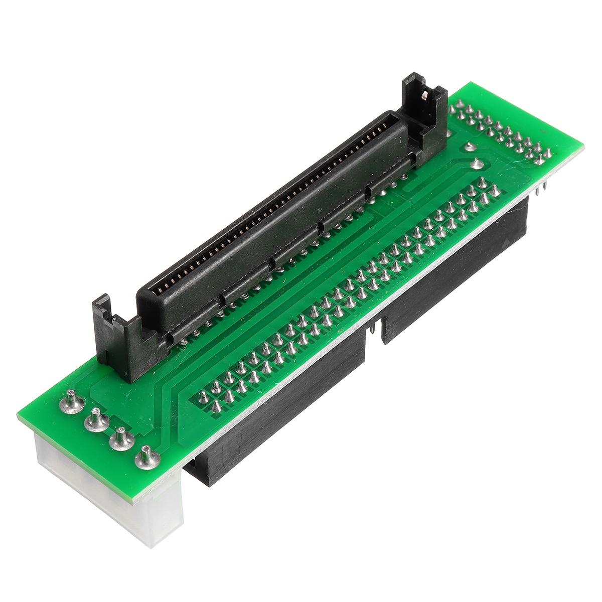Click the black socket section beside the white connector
point(281,396)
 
